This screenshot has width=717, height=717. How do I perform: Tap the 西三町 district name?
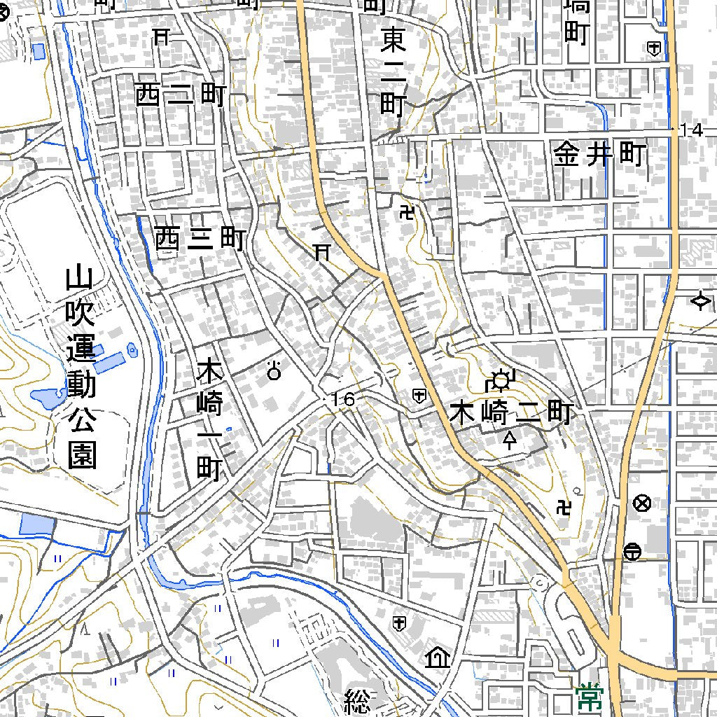coord(200,239)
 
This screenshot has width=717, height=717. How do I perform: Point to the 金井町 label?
coord(599,154)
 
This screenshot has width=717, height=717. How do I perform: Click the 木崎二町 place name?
coord(512,413)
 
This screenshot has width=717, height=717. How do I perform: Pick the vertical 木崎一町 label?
coord(209,419)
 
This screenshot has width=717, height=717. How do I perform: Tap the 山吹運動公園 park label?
coord(81,368)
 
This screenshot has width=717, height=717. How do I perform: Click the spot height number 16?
coord(344,400)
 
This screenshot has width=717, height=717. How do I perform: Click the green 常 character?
coord(590,696)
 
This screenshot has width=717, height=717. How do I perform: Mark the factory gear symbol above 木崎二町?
coord(500,380)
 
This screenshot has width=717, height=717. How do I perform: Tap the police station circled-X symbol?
coord(641,503)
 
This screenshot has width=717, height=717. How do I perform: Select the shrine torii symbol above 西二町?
coord(162,36)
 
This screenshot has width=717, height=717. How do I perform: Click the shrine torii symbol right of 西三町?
coord(322,251)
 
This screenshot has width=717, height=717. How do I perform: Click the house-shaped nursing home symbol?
coord(438,657)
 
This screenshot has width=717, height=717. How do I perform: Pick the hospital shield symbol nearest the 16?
coord(419,396)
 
